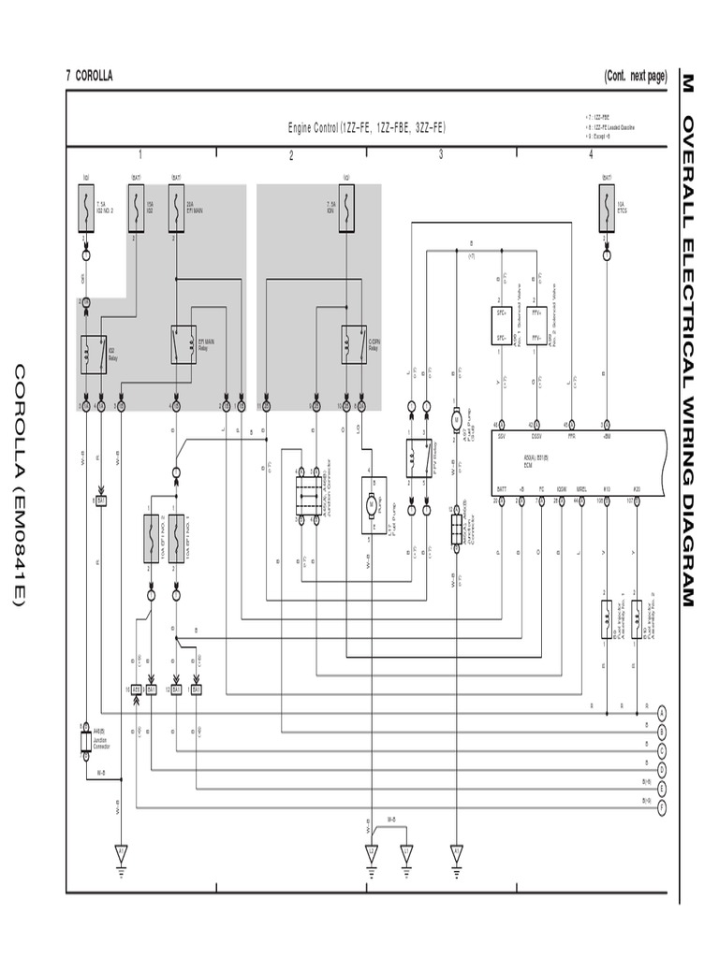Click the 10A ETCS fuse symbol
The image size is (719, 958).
click(606, 208)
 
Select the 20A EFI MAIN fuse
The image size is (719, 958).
click(175, 208)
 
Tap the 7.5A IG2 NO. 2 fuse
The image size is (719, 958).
click(85, 208)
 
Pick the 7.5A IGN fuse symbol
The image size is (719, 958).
click(346, 208)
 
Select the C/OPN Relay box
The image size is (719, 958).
click(352, 343)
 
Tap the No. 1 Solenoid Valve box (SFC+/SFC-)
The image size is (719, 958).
click(501, 327)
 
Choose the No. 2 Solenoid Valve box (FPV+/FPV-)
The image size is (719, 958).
click(536, 327)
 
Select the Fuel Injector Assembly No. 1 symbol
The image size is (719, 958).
click(607, 619)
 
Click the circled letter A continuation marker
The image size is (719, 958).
click(662, 713)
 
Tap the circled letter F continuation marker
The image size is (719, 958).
click(662, 806)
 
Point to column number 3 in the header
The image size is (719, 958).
click(441, 155)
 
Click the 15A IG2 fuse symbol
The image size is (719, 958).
click(138, 208)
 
